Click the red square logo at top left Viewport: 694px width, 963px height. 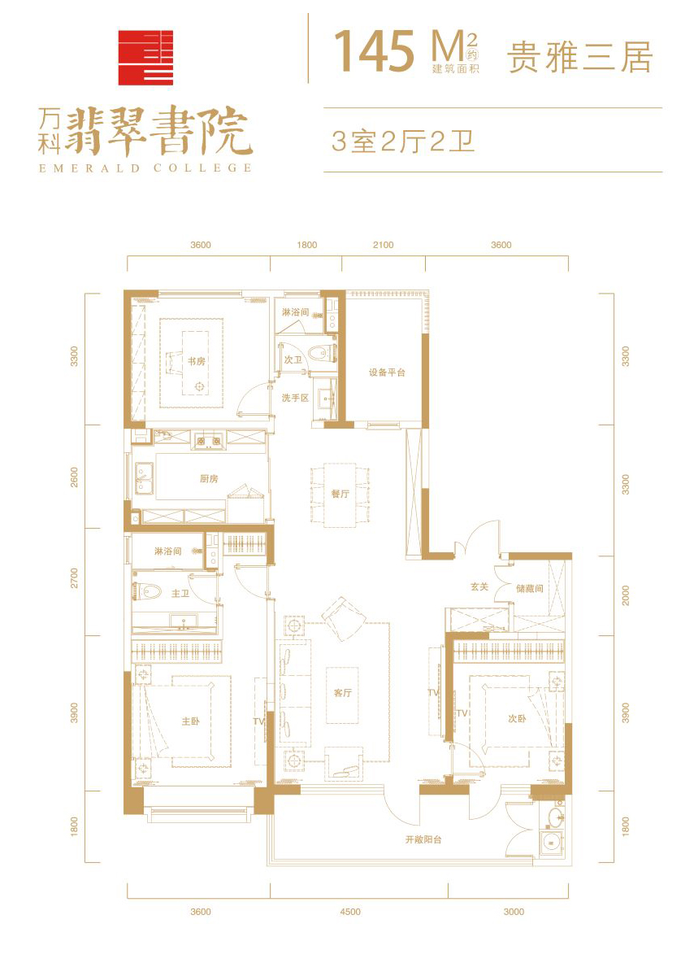tap(145, 58)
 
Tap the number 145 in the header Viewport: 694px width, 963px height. tap(375, 50)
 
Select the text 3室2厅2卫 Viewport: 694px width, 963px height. tap(403, 142)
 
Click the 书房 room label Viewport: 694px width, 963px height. tap(197, 362)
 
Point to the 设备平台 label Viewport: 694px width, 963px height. tap(387, 373)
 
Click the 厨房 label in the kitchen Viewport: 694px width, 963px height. tap(209, 478)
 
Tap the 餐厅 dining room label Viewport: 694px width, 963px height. tap(340, 493)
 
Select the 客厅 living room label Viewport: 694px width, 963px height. tap(342, 693)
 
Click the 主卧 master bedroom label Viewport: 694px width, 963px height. tap(190, 721)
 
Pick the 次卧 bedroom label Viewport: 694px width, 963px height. tap(517, 718)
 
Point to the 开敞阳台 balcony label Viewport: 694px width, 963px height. tap(423, 839)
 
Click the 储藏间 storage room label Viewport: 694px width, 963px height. tap(530, 588)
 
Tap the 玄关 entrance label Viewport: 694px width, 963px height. tap(479, 587)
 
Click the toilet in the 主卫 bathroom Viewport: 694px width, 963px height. tap(146, 592)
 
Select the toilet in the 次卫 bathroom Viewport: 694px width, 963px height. tap(322, 353)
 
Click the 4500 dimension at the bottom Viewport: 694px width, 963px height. tap(349, 912)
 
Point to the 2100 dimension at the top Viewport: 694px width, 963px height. tap(383, 245)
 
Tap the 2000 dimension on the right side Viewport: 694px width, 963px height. tap(625, 595)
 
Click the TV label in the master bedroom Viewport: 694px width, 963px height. tap(258, 721)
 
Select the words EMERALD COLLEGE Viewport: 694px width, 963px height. tap(145, 168)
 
